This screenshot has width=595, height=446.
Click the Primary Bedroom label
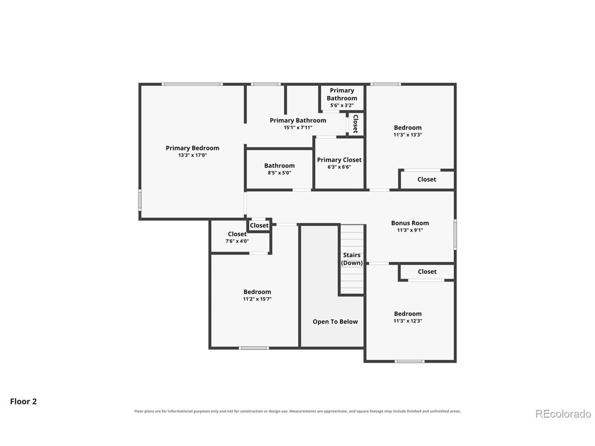[x=192, y=148]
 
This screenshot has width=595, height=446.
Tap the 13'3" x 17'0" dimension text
[x=192, y=155]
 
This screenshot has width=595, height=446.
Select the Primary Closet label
[x=339, y=160]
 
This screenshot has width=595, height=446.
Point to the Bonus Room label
[x=410, y=223]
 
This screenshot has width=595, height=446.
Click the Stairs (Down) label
[x=351, y=259]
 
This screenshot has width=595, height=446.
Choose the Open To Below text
[x=335, y=321]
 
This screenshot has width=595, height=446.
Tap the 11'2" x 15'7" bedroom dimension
[x=257, y=299]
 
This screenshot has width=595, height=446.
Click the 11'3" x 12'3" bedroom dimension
[x=408, y=321]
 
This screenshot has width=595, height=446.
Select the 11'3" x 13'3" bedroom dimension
[x=408, y=135]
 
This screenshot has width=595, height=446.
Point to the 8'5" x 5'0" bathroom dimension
[x=279, y=173]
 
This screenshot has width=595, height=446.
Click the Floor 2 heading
[x=23, y=401]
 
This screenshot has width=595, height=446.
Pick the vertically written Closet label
[x=356, y=124]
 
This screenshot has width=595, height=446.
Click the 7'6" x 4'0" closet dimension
[x=237, y=241]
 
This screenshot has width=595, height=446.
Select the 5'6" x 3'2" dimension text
[x=342, y=105]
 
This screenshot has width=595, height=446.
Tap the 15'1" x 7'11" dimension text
[x=298, y=128]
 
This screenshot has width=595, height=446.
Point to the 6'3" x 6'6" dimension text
[x=339, y=167]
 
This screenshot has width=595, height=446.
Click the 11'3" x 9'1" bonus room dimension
[x=410, y=230]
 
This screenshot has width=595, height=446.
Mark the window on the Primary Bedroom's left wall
[x=140, y=200]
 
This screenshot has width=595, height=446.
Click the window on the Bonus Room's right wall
[x=455, y=235]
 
